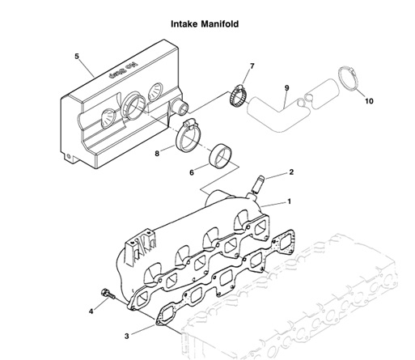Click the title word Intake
pos(186,24)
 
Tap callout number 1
pos(290,201)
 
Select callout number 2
pos(291,172)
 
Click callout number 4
pos(91,311)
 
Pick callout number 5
pos(76,57)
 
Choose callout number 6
pos(192,172)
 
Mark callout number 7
pos(252,66)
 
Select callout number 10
pos(369,102)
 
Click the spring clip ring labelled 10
pos(349,79)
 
